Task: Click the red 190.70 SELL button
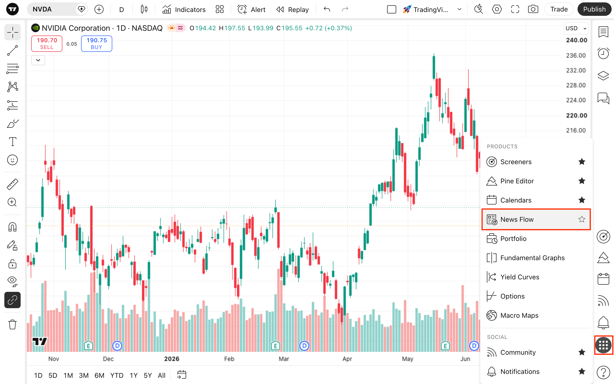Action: tap(47, 44)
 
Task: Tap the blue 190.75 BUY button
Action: tap(97, 44)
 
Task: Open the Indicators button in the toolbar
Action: tap(184, 9)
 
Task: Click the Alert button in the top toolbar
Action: tap(251, 9)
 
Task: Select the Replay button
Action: tap(292, 9)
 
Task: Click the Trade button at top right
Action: tap(559, 9)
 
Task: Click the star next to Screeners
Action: tap(582, 162)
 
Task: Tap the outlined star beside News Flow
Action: tap(582, 219)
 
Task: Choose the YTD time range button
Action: tap(117, 375)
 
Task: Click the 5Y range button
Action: tap(148, 375)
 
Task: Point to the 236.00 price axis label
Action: tap(576, 55)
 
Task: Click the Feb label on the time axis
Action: tap(229, 359)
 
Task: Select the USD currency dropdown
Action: tap(576, 28)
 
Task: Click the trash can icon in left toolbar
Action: tap(12, 324)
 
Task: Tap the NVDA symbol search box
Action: tap(57, 9)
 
